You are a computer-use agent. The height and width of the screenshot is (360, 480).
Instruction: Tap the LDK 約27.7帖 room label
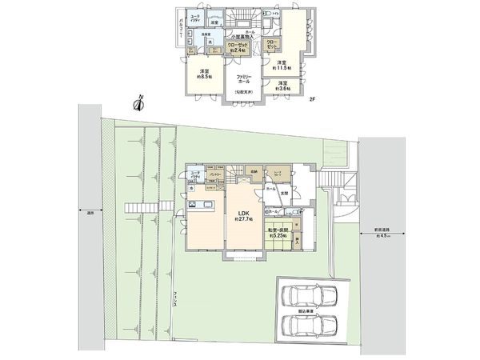pyautogui.click(x=243, y=214)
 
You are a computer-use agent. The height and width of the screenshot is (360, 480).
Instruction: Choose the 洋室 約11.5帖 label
pyautogui.click(x=281, y=66)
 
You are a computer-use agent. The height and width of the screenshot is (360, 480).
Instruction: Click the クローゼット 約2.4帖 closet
pyautogui.click(x=240, y=48)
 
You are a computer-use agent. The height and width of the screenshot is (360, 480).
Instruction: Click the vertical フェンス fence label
pyautogui.click(x=174, y=302)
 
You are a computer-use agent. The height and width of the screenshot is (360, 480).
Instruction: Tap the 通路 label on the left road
pyautogui.click(x=88, y=213)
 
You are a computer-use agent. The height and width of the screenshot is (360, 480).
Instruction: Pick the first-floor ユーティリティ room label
pyautogui.click(x=196, y=174)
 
